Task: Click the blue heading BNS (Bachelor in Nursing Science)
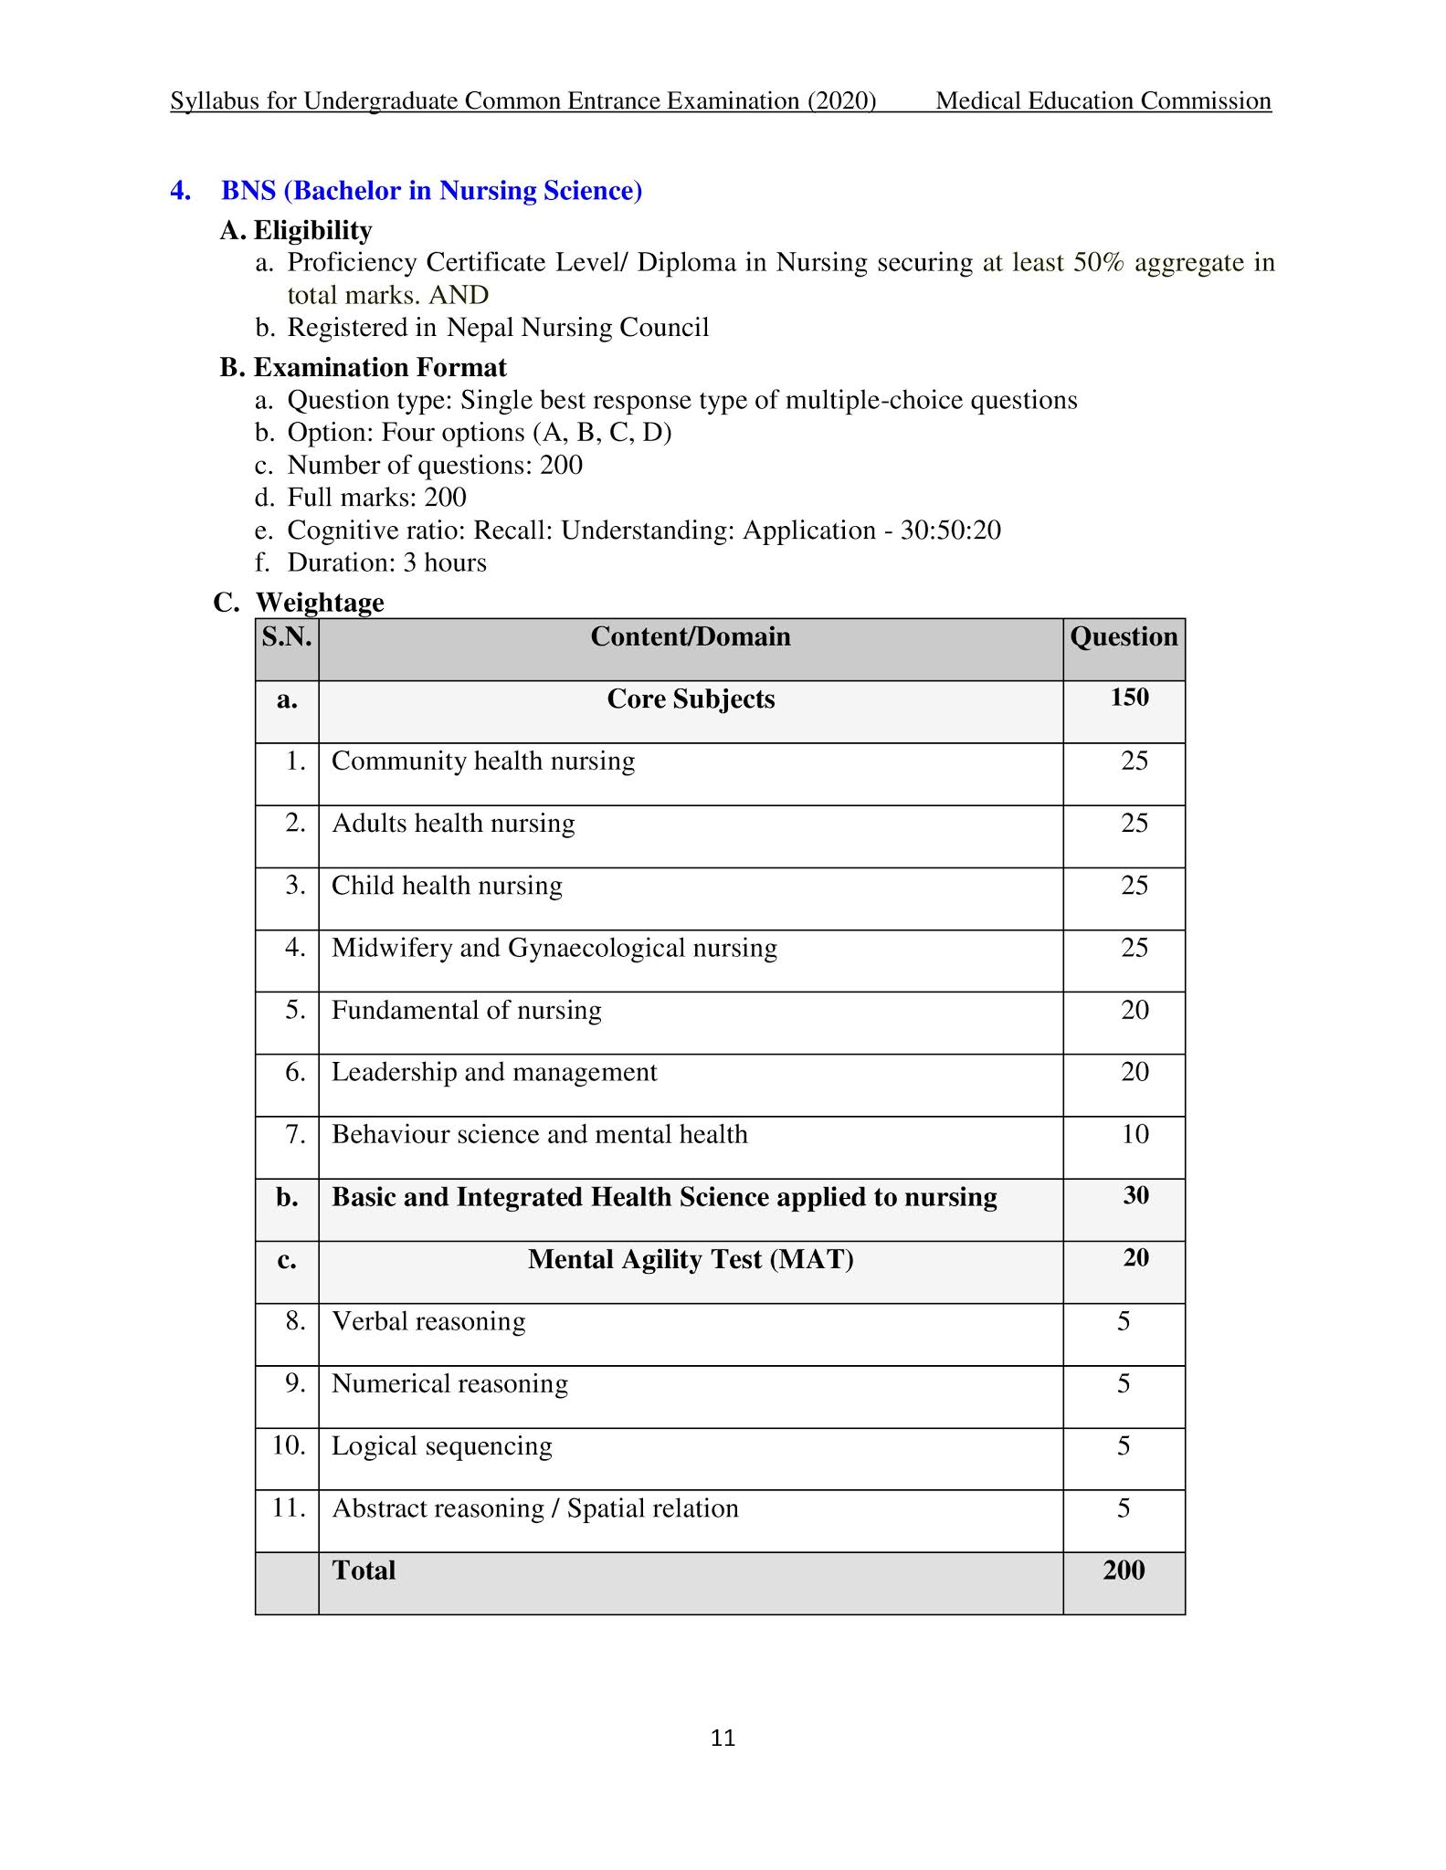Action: pyautogui.click(x=431, y=191)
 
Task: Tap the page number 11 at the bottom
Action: pyautogui.click(x=723, y=1738)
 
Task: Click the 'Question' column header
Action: pyautogui.click(x=1124, y=636)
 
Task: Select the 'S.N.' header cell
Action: pyautogui.click(x=287, y=636)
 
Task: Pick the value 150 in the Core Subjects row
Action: pyautogui.click(x=1129, y=698)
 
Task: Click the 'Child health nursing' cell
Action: pyautogui.click(x=447, y=886)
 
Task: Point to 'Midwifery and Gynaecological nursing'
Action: pyautogui.click(x=554, y=948)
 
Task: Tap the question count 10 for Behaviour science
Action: pyautogui.click(x=1135, y=1134)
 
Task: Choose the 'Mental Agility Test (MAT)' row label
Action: pyautogui.click(x=691, y=1259)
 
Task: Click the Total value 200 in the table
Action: pyautogui.click(x=1124, y=1571)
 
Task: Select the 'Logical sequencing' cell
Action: pyautogui.click(x=442, y=1446)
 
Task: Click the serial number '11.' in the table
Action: pyautogui.click(x=289, y=1508)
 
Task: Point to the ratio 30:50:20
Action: pyautogui.click(x=951, y=531)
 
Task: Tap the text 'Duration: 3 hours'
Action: pyautogui.click(x=386, y=562)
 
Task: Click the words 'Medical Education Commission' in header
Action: pyautogui.click(x=1103, y=100)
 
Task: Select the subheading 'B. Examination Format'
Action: pyautogui.click(x=363, y=367)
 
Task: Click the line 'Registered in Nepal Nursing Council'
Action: pyautogui.click(x=498, y=327)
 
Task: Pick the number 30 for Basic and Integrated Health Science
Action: pyautogui.click(x=1135, y=1196)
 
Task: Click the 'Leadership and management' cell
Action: pyautogui.click(x=494, y=1072)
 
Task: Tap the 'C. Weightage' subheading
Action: pyautogui.click(x=299, y=603)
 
